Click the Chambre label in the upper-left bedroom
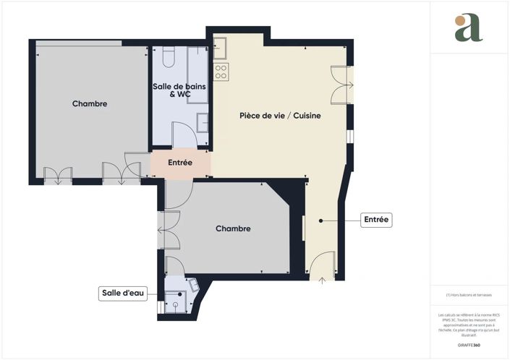90,104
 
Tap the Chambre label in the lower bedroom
233,228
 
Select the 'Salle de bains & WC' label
179,90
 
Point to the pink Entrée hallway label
180,163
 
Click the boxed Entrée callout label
375,220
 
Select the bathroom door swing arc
182,134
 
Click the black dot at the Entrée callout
320,220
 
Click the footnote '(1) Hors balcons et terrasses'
468,295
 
